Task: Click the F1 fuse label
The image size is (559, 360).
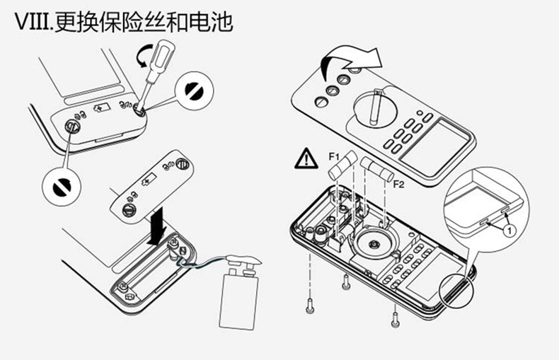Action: [x=334, y=154]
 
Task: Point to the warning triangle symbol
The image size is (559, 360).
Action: [x=306, y=158]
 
